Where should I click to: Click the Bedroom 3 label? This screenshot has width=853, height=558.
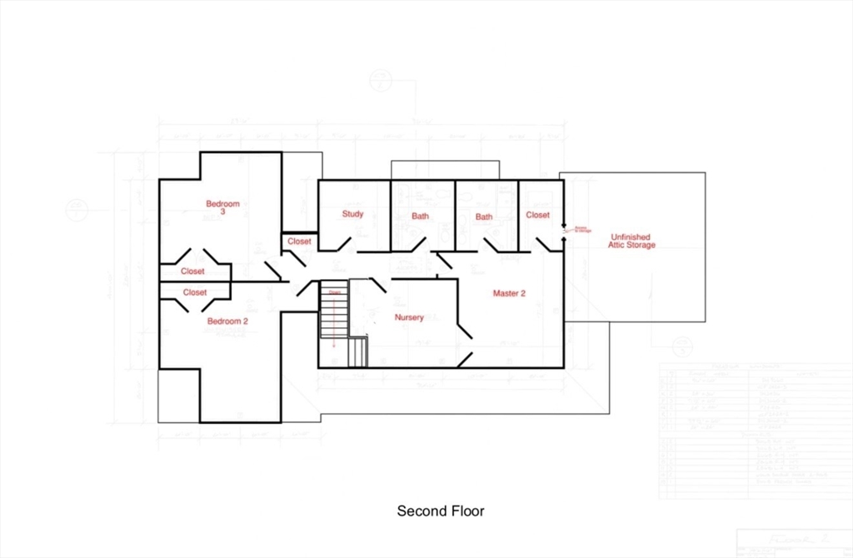(x=223, y=207)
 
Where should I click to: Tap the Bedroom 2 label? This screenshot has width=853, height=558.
(x=227, y=321)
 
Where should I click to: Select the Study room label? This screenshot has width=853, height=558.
(x=352, y=214)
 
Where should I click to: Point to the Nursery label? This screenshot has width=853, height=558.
(x=409, y=317)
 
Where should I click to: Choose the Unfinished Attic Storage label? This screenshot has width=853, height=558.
(x=632, y=241)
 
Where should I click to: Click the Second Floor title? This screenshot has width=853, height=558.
(x=440, y=511)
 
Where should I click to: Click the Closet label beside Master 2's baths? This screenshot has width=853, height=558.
(x=538, y=215)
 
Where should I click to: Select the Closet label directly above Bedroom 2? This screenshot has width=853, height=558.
(x=195, y=292)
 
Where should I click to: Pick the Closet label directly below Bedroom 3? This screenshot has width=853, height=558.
(x=192, y=272)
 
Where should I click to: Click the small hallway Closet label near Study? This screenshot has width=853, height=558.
(x=299, y=242)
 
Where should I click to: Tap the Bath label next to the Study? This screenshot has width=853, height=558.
(x=420, y=217)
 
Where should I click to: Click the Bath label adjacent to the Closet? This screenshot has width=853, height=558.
(x=484, y=217)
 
